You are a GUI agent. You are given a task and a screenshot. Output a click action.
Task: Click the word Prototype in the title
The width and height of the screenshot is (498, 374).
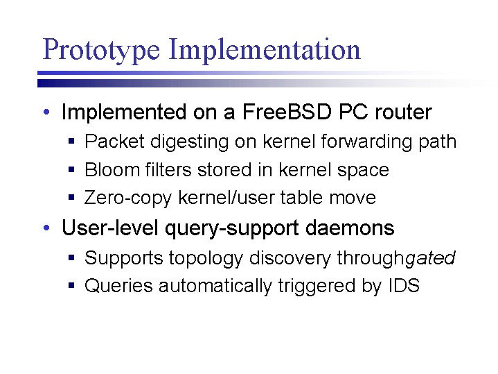pyautogui.click(x=101, y=50)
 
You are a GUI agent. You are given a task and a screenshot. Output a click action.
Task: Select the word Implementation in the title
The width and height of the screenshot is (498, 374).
pyautogui.click(x=265, y=50)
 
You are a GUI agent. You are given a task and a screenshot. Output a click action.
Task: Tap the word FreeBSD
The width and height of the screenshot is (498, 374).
pyautogui.click(x=287, y=112)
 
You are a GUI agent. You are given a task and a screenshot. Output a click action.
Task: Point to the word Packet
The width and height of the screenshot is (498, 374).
pyautogui.click(x=114, y=141)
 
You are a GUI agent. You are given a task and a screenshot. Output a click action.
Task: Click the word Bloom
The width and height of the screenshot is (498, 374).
pyautogui.click(x=112, y=169)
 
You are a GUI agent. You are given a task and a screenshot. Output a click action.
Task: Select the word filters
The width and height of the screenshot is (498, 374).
pyautogui.click(x=168, y=169)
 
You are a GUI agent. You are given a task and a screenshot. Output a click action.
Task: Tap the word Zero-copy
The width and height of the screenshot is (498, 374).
pyautogui.click(x=127, y=198)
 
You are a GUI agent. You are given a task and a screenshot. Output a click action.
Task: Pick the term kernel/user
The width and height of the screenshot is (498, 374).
pyautogui.click(x=227, y=197)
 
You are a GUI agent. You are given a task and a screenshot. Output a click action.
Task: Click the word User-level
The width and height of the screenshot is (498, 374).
pyautogui.click(x=109, y=228)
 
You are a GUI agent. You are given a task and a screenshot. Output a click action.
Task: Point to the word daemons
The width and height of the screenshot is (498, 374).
pyautogui.click(x=350, y=228)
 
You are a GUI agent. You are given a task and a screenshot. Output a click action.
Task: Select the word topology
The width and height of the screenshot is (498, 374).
pyautogui.click(x=206, y=258)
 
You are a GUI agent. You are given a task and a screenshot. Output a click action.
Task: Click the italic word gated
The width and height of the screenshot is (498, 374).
pyautogui.click(x=430, y=258)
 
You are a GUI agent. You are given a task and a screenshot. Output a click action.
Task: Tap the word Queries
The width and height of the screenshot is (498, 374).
pyautogui.click(x=118, y=285)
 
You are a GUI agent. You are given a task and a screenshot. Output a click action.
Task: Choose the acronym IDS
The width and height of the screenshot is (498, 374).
pyautogui.click(x=404, y=285)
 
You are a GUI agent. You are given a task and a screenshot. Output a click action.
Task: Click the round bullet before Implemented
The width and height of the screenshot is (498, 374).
pyautogui.click(x=46, y=112)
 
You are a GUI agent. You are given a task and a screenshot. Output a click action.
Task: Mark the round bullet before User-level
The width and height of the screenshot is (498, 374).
pyautogui.click(x=46, y=228)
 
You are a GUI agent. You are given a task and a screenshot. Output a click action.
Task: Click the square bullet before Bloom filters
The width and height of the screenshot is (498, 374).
pyautogui.click(x=71, y=169)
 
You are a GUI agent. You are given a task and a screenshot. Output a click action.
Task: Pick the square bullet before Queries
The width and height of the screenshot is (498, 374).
pyautogui.click(x=71, y=285)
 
